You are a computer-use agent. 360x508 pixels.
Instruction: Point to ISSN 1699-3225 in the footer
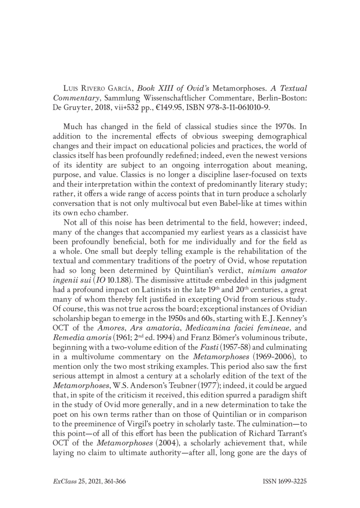tap(284, 481)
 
